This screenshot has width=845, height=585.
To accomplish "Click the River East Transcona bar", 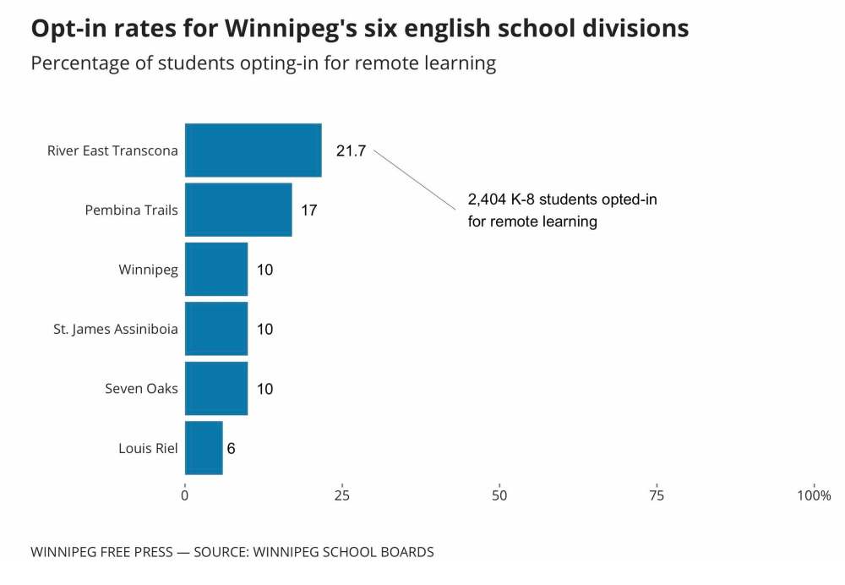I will [253, 150].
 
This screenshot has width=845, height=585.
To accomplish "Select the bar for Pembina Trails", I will [238, 210].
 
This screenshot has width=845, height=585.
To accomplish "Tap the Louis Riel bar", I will [204, 448].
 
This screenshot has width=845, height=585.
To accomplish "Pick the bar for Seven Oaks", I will [216, 389].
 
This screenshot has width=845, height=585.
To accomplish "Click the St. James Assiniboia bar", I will [216, 329].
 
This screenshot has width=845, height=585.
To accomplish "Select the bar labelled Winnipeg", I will [216, 270].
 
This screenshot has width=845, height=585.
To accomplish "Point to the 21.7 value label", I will [351, 151].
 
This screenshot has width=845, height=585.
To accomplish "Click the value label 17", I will [309, 210].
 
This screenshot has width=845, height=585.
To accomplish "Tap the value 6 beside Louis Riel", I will [231, 449].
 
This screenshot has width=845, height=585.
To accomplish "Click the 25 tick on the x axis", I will [342, 495].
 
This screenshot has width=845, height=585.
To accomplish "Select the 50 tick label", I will [499, 495].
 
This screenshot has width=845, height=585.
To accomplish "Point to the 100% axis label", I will [814, 495].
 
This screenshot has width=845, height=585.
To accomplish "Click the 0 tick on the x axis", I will [185, 495].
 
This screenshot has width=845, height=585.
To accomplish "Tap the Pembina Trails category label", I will [132, 210].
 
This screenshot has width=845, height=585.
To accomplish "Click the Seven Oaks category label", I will [141, 389].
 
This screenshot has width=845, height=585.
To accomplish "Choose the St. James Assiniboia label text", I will [116, 329].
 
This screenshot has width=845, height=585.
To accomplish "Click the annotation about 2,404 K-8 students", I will [562, 210].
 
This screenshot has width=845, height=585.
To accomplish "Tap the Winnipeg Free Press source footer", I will [232, 552].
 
